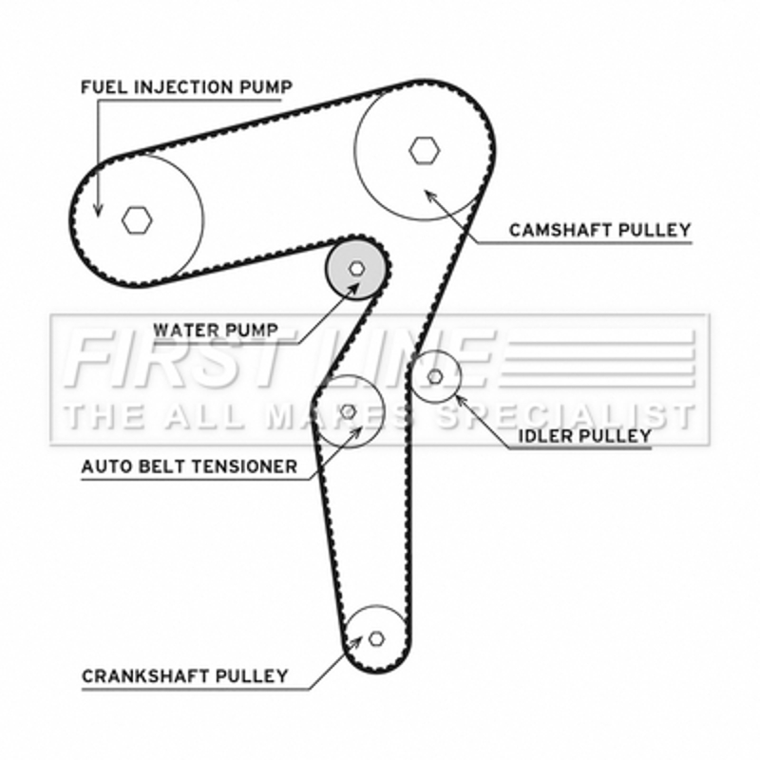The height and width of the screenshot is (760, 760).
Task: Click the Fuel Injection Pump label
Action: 186,87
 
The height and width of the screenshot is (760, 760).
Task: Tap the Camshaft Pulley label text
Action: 600,230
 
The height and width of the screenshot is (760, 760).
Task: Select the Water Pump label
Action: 216,331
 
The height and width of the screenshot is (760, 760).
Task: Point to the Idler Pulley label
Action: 585,436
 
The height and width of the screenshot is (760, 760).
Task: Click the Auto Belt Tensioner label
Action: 189,466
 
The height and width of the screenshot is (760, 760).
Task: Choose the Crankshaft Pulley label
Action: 185,675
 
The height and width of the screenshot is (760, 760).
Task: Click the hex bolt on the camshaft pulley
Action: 425,150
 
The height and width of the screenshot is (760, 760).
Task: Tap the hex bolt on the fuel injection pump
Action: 137,220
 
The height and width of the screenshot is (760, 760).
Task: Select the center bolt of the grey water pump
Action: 357,268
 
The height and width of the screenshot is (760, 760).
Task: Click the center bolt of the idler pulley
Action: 435,376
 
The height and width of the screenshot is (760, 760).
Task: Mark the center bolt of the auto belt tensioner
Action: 348,411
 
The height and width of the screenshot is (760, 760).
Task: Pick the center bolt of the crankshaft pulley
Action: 376,638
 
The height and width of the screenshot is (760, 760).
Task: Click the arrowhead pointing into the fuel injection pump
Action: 98,209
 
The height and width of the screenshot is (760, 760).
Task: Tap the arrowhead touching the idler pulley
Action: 461,401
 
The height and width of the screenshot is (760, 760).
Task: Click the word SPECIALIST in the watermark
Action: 565,416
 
